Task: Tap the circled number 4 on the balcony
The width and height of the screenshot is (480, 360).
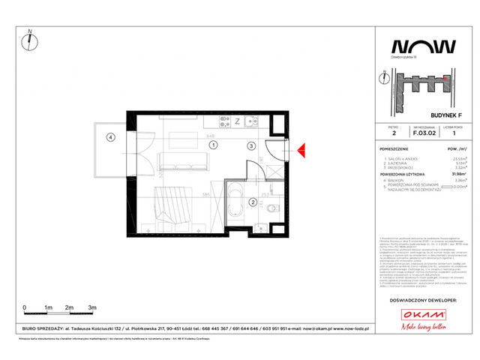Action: (110, 137)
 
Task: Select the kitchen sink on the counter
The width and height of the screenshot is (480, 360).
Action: (252, 121)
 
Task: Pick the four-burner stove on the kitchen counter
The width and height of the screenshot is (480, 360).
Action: (223, 121)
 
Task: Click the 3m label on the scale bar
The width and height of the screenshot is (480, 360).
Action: (91, 307)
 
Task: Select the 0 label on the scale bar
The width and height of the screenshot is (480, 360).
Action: (25, 307)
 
